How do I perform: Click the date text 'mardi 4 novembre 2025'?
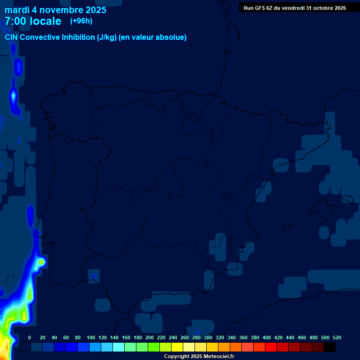55,10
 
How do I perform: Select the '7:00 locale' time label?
33,21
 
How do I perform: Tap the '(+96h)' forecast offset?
81,21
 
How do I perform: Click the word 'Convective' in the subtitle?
40,37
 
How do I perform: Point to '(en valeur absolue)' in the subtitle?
153,37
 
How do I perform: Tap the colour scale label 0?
30,337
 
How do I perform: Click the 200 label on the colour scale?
150,337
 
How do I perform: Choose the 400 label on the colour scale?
267,337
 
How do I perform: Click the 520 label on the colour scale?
337,337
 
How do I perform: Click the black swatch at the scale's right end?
330,347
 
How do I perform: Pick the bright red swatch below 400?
271,347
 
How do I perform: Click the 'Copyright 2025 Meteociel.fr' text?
199,357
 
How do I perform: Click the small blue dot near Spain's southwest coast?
94,276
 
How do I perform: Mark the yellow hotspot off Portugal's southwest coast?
42,262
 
